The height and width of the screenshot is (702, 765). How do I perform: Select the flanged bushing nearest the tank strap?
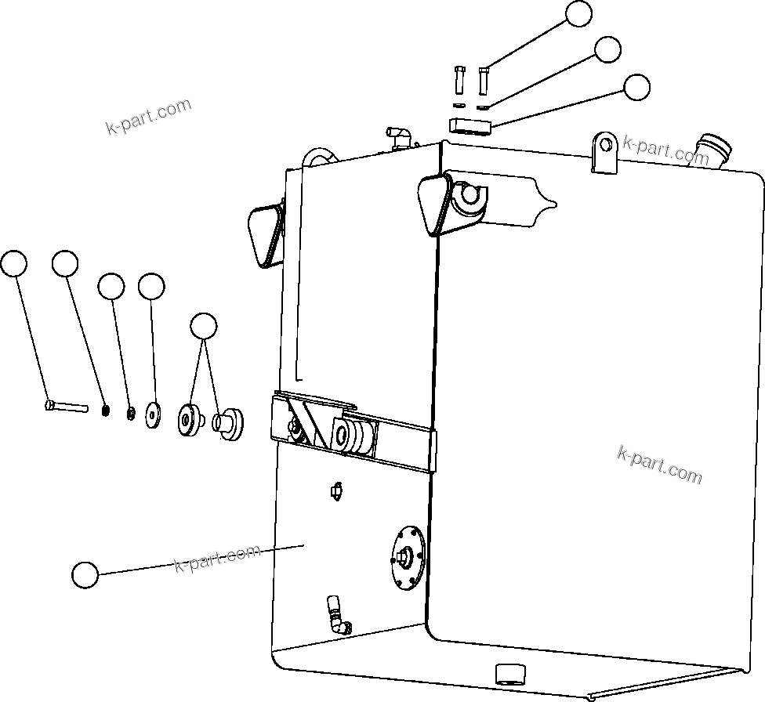229,423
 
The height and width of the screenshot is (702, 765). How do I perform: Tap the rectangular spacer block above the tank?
470,125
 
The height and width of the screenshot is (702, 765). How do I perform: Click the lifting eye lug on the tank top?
604,152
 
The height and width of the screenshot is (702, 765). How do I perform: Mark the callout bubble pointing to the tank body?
85,574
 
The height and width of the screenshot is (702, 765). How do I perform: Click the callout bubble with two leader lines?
204,325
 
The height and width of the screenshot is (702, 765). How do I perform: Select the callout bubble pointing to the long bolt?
13,264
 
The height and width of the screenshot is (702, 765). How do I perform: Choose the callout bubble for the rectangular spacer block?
637,87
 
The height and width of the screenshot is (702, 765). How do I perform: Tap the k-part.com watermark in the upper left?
148,117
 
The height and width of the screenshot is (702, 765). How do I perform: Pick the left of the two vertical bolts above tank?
459,79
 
